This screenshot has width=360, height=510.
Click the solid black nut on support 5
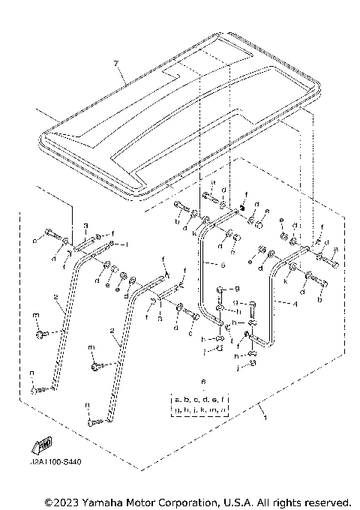[243, 208]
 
